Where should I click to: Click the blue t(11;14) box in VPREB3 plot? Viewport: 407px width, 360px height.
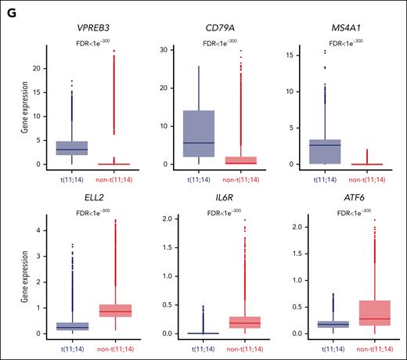click(72, 148)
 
